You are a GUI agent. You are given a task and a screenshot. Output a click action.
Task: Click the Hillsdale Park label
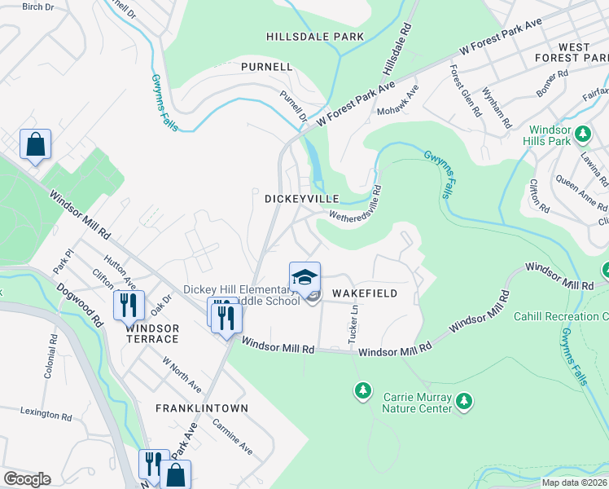point(315,37)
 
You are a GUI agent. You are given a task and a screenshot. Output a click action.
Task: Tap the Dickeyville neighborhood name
point(295,198)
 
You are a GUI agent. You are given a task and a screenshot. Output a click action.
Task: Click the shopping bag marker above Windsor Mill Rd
point(36,145)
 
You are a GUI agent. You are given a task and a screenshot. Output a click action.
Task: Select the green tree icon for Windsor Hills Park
point(582,133)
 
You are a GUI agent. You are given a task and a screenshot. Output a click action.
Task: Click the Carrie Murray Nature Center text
point(418,403)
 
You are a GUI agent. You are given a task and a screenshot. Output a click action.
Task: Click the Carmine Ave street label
point(233,437)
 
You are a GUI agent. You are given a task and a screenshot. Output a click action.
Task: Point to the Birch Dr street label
point(37,7)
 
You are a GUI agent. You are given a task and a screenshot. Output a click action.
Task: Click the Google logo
point(27,479)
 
